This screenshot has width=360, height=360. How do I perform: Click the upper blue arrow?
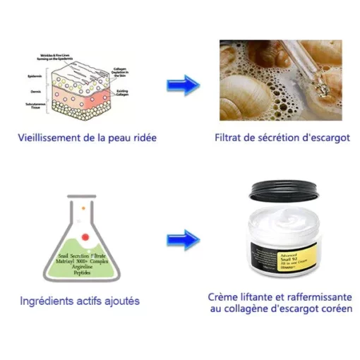coord(183,85)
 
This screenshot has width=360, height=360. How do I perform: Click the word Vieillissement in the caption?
coord(54,136)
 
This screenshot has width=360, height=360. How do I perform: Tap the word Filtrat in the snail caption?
coord(229,136)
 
